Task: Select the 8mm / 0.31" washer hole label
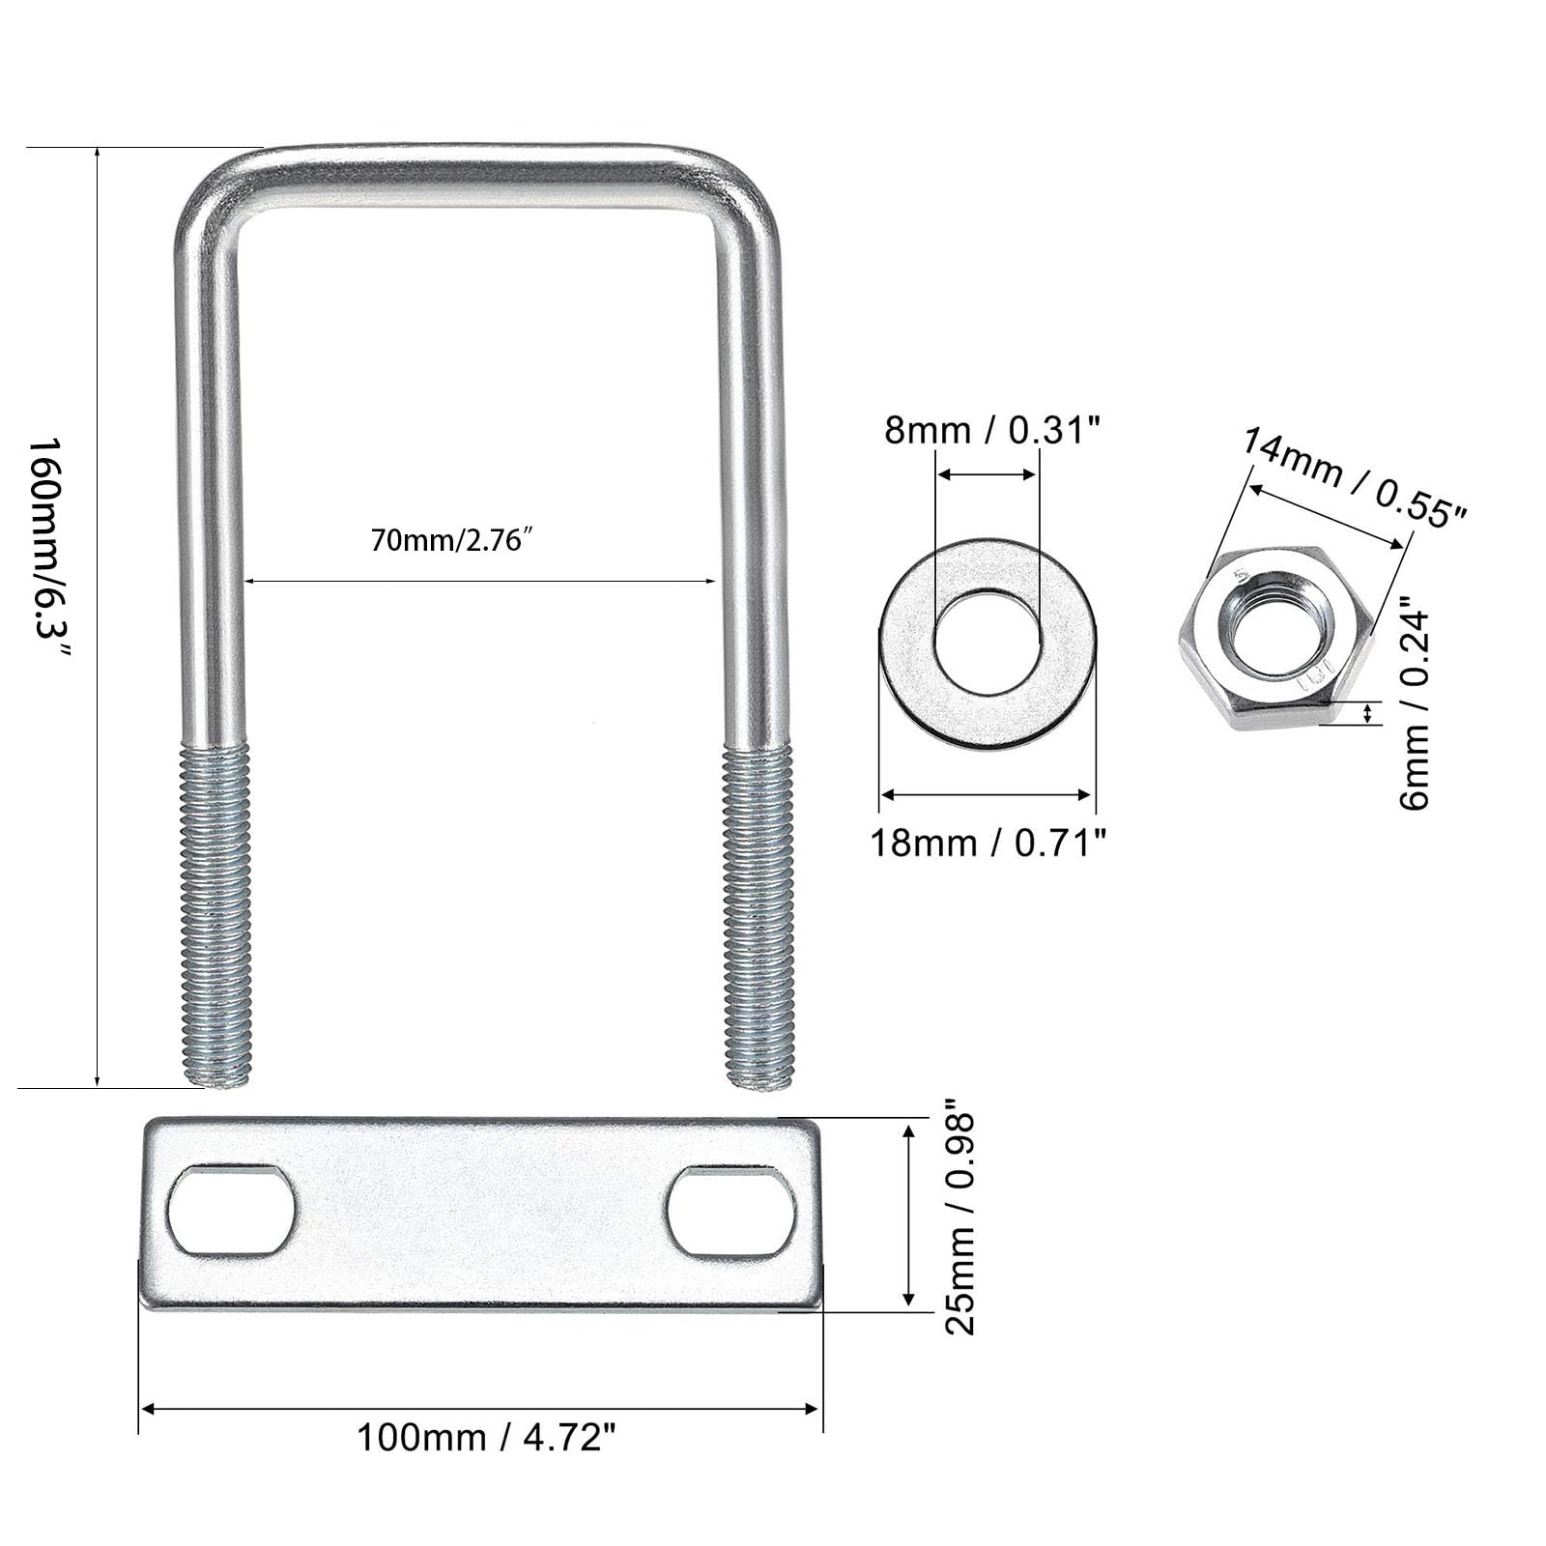tap(993, 429)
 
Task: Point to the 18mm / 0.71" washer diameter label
tap(988, 843)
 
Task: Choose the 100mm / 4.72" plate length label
tap(486, 1437)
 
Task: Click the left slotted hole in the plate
tap(231, 1211)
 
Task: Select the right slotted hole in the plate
tap(731, 1212)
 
